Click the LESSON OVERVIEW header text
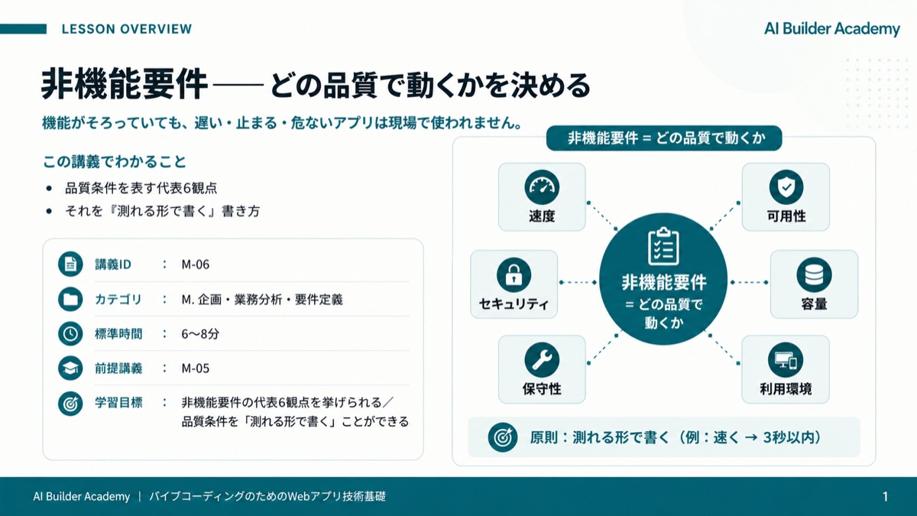(x=127, y=29)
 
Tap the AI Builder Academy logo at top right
(x=832, y=29)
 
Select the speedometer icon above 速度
(x=542, y=187)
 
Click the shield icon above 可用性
(x=786, y=187)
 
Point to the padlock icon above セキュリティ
(x=514, y=274)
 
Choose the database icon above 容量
(x=814, y=274)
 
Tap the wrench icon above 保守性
(x=542, y=360)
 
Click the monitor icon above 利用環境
(x=786, y=360)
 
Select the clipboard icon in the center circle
(x=663, y=246)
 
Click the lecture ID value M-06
(x=196, y=264)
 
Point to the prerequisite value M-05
(x=196, y=368)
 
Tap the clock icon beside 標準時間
(x=70, y=334)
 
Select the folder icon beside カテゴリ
(x=70, y=300)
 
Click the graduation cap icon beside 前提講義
(x=70, y=368)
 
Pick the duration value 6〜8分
(x=200, y=334)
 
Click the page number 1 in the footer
(x=886, y=497)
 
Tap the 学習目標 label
(x=118, y=403)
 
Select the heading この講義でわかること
(x=115, y=162)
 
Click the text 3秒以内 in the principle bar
(x=789, y=438)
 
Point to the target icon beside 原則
(x=503, y=438)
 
